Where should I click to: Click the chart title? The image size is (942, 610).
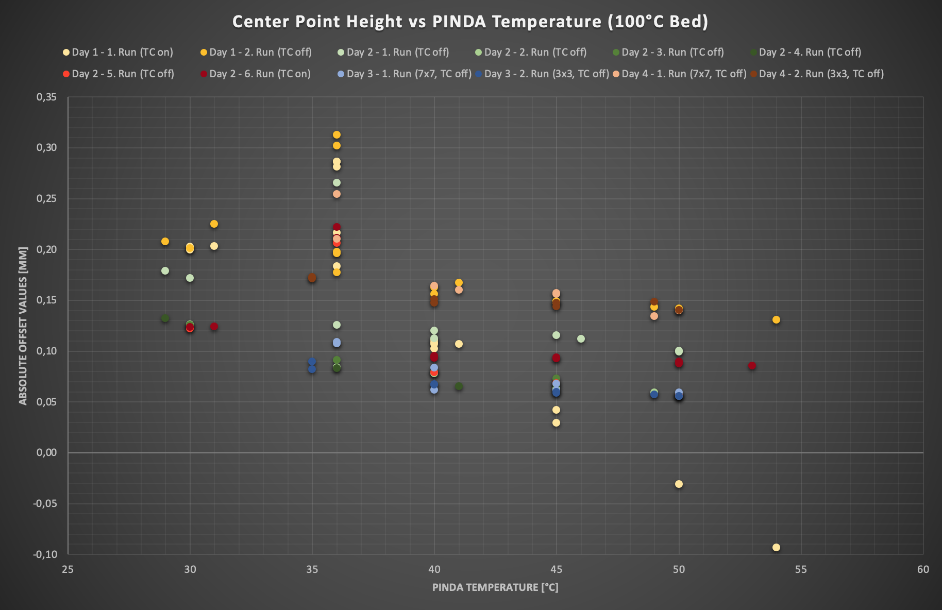point(470,22)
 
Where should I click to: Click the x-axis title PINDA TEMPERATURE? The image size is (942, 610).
point(495,587)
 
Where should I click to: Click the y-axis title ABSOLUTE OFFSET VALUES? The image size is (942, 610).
point(23,326)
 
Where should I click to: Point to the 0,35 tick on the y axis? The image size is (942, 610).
point(46,97)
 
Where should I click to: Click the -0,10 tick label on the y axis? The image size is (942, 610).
point(45,554)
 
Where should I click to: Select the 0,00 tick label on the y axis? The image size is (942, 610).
point(46,453)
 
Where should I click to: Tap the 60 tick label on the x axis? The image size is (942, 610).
point(923,569)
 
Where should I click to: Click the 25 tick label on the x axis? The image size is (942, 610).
point(68,569)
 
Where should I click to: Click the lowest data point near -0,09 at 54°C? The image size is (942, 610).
point(776,547)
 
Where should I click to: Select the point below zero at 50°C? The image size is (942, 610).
point(679,484)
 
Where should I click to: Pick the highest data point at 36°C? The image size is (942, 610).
point(337,135)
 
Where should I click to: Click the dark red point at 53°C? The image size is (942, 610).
point(752,366)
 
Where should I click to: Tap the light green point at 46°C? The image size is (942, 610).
point(581,338)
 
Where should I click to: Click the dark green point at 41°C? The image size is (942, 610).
point(459,386)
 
